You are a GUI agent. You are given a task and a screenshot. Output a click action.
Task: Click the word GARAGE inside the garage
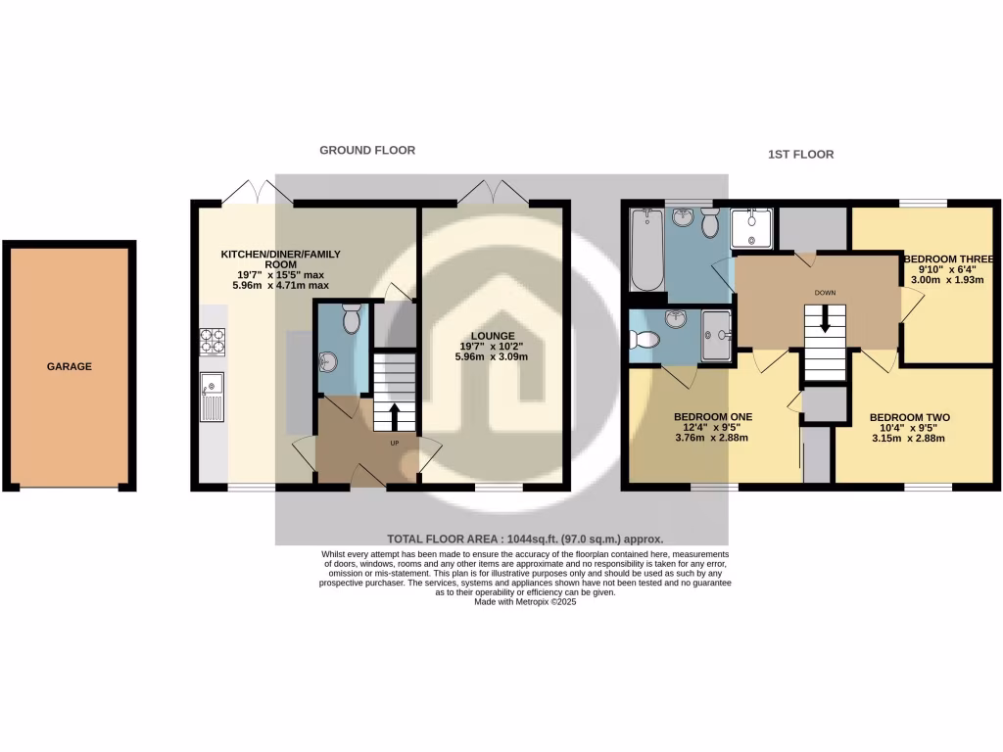pos(70,367)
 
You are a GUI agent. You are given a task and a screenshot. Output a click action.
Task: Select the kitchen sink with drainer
pos(212,397)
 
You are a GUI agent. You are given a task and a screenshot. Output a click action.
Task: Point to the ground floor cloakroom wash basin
pos(328,361)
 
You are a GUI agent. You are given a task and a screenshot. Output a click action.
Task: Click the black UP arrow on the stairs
pos(394,415)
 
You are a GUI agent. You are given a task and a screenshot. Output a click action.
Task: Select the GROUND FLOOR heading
pos(367,150)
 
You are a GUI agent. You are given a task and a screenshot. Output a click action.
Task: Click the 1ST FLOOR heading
pos(801,155)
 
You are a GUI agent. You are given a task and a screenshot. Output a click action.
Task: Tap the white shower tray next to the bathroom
pos(753,228)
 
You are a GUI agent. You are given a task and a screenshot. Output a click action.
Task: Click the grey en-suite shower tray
pos(717,336)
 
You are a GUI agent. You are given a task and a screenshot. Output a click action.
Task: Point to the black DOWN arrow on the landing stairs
pos(825,319)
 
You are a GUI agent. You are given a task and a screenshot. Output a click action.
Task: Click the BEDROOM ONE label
pos(712,416)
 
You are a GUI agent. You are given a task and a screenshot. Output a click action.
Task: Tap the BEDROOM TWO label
pos(909,416)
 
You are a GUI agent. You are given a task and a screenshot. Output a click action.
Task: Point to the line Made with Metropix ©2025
pos(525,603)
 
